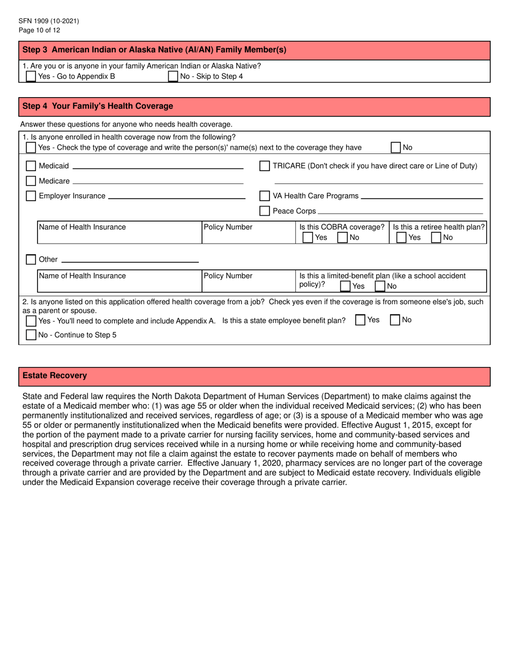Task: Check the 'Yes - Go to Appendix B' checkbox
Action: click(31, 76)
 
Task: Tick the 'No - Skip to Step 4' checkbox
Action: click(173, 76)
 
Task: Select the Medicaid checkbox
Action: click(31, 166)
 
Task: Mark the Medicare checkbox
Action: click(31, 181)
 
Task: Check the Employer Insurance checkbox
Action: click(31, 196)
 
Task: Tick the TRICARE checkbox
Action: click(264, 166)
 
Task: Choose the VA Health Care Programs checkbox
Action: click(264, 196)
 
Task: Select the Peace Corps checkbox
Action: click(264, 211)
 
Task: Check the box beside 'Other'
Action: click(31, 260)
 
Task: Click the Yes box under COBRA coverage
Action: click(308, 237)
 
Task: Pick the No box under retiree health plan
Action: click(437, 237)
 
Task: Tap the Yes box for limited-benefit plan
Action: click(346, 286)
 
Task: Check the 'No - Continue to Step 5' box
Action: click(31, 335)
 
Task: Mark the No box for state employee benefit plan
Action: click(394, 320)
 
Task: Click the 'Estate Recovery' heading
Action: click(54, 376)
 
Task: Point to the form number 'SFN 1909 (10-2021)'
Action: click(49, 21)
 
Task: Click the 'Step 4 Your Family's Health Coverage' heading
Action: click(98, 106)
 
